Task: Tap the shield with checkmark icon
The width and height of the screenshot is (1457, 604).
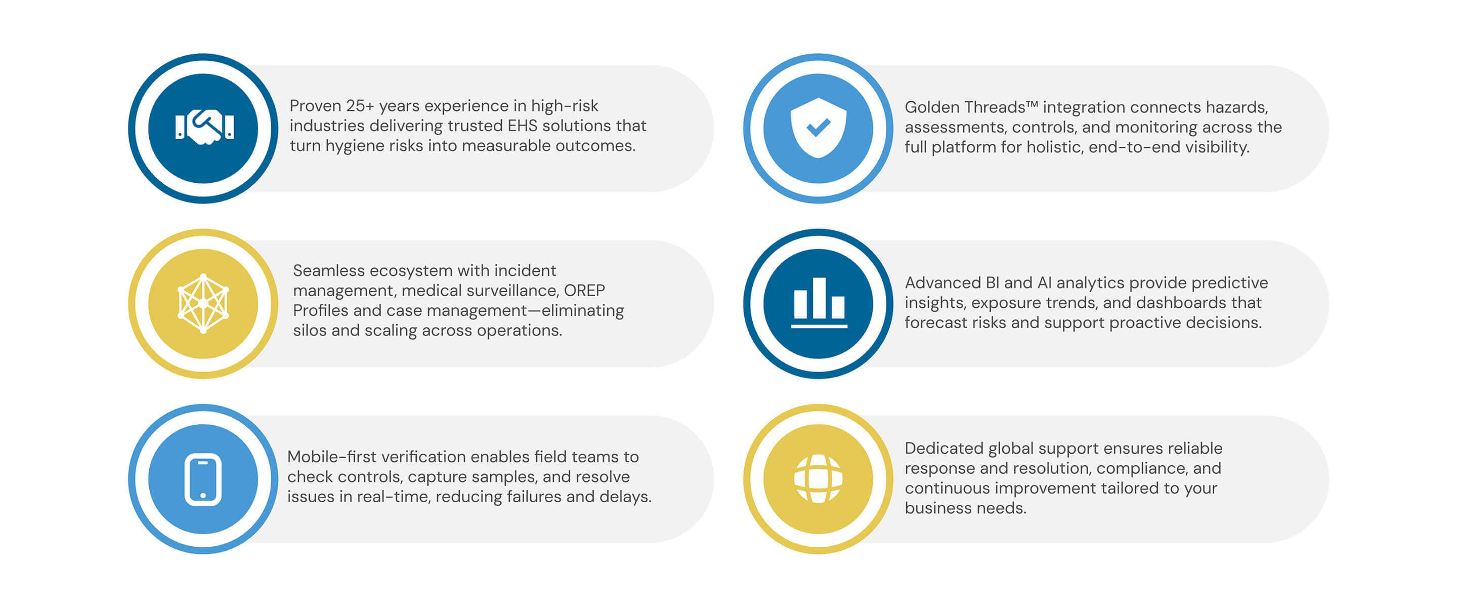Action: tap(818, 128)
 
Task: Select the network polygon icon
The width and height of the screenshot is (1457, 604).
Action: tap(203, 303)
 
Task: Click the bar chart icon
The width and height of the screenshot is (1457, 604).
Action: tap(819, 303)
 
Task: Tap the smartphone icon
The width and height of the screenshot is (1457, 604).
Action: tap(203, 479)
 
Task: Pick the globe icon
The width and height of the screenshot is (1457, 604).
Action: tap(818, 479)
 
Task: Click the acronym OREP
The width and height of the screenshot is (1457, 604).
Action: tap(584, 291)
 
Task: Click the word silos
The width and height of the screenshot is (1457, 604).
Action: tap(310, 330)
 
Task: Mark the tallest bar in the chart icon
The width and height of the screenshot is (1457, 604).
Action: tap(819, 298)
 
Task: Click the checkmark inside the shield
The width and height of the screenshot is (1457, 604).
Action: tap(818, 128)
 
